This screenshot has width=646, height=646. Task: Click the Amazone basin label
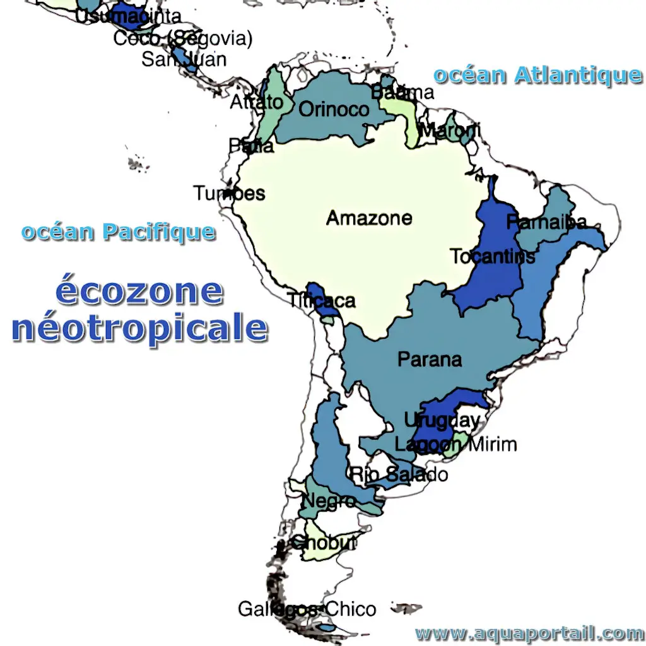(369, 218)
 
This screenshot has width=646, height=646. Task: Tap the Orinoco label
(334, 109)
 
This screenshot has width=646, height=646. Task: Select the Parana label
(430, 360)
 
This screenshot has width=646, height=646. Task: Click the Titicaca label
(321, 300)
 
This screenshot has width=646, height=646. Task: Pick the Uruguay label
(442, 420)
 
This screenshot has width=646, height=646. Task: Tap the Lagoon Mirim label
(455, 444)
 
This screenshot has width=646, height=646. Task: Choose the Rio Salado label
(399, 474)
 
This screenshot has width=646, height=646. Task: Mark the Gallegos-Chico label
(307, 609)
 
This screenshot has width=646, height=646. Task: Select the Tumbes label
(229, 192)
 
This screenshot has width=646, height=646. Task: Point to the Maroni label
(449, 132)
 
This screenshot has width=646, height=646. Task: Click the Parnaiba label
(546, 222)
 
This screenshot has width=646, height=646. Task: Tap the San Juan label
(184, 59)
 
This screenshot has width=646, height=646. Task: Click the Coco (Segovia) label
(183, 38)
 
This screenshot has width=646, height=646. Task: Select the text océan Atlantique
(537, 75)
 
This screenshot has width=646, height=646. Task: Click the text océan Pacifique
(118, 232)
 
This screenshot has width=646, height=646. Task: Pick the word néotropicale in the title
(139, 329)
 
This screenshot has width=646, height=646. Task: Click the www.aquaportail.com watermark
(529, 633)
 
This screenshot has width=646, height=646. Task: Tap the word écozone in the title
(139, 291)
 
